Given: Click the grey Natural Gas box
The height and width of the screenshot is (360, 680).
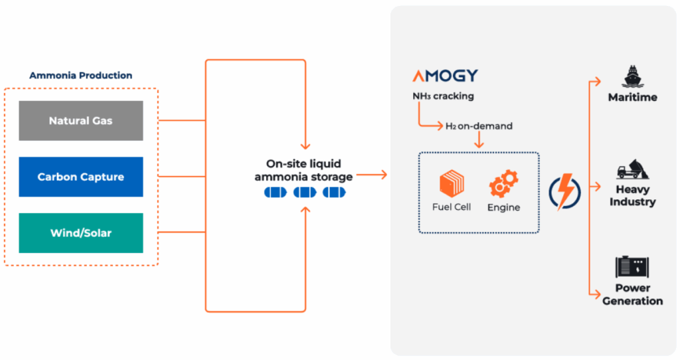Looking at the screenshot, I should pos(80,121).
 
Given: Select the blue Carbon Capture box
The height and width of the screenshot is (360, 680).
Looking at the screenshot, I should pos(80,177).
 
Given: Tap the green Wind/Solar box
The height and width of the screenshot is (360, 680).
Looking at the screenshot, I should pos(80,233).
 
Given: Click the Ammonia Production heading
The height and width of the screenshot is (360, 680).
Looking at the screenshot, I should pos(80,75).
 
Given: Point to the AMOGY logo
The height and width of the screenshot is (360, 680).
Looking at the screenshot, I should pos(445,76).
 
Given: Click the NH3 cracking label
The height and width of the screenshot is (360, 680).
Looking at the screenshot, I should pos(443,96).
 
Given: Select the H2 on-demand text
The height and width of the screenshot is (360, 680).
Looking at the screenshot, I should pos(479,126).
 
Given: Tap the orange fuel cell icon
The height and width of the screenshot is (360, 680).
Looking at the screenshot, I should pos(452,183).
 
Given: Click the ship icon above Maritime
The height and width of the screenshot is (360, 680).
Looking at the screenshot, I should pos(632,77).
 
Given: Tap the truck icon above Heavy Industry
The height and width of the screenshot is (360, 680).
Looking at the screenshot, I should pos(632,170).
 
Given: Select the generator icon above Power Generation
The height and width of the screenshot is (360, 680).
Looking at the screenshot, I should pos(632,267).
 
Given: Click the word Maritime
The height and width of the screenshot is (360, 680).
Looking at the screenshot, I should pos(632,98).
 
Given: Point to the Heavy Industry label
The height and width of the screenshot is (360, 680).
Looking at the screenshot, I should pos(632,195).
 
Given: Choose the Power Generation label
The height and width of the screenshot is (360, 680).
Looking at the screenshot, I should pos(632,294).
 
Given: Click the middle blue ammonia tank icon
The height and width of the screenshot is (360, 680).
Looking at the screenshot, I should pos(304,193).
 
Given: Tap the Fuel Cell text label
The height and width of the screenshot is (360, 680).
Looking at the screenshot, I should pos(452,207).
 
